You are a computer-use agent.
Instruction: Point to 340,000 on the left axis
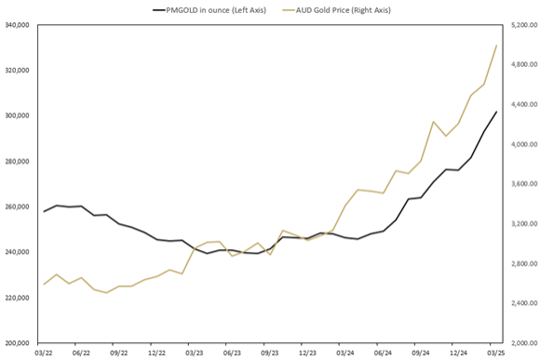[18, 25]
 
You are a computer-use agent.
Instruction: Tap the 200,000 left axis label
[18, 343]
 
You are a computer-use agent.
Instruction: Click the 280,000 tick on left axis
[18, 162]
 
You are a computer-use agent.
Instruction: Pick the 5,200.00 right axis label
[520, 25]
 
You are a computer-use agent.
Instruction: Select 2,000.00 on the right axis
[520, 343]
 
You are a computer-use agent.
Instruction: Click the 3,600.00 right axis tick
[520, 184]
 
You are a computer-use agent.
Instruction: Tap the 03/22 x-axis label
[43, 353]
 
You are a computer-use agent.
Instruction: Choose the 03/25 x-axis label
[496, 353]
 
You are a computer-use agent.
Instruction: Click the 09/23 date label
[269, 353]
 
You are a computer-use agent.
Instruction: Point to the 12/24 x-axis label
[458, 353]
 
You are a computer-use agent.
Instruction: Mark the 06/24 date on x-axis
[383, 353]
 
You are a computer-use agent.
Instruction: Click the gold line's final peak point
[496, 45]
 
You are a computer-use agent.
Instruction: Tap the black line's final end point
[496, 112]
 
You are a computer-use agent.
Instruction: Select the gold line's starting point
[44, 284]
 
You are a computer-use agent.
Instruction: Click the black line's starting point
[44, 211]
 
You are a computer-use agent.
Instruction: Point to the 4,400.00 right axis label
[520, 105]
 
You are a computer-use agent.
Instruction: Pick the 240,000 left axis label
[18, 252]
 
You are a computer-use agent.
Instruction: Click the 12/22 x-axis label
[156, 353]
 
